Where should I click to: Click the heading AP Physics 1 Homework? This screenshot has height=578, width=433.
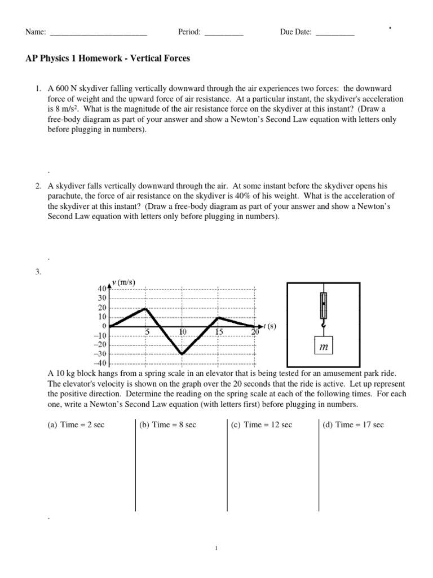click(108, 59)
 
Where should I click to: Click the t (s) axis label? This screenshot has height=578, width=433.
click(270, 326)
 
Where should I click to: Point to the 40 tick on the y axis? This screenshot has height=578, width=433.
click(102, 288)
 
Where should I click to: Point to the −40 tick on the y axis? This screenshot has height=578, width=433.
click(100, 363)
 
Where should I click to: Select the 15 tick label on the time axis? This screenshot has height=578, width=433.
click(219, 332)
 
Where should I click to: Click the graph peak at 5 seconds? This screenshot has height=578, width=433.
click(146, 308)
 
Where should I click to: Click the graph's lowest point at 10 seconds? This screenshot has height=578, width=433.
click(182, 354)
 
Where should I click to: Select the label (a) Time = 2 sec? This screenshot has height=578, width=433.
click(76, 424)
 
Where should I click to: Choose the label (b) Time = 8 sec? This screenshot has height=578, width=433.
click(167, 424)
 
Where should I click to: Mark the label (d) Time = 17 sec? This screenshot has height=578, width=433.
click(353, 424)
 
